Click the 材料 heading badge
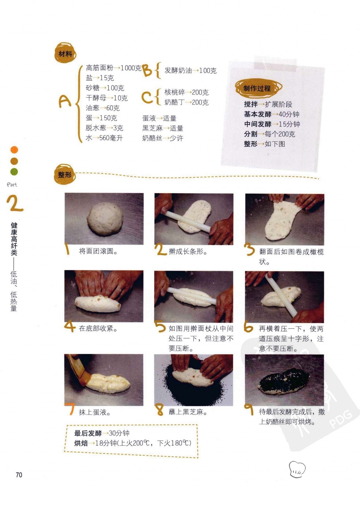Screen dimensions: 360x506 pos(65,53)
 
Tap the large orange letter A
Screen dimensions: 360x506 pos(65,101)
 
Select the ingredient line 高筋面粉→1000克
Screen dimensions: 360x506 pos(113,68)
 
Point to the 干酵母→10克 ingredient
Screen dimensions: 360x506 pos(107,98)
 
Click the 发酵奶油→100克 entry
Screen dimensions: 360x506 pos(190,71)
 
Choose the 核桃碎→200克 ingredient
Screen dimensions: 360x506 pos(186,92)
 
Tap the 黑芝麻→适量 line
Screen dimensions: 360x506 pos(163,128)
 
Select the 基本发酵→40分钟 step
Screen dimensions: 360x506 pos(271,114)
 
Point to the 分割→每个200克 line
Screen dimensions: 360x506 pos(269,134)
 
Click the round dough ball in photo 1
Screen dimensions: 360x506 pos(105,219)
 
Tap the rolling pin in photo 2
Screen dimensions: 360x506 pos(187,221)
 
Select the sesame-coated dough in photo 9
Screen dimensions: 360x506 pos(283,382)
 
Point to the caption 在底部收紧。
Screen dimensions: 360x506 pos(98,328)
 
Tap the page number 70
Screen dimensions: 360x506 pos(19,475)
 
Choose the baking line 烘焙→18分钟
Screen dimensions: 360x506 pos(133,443)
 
